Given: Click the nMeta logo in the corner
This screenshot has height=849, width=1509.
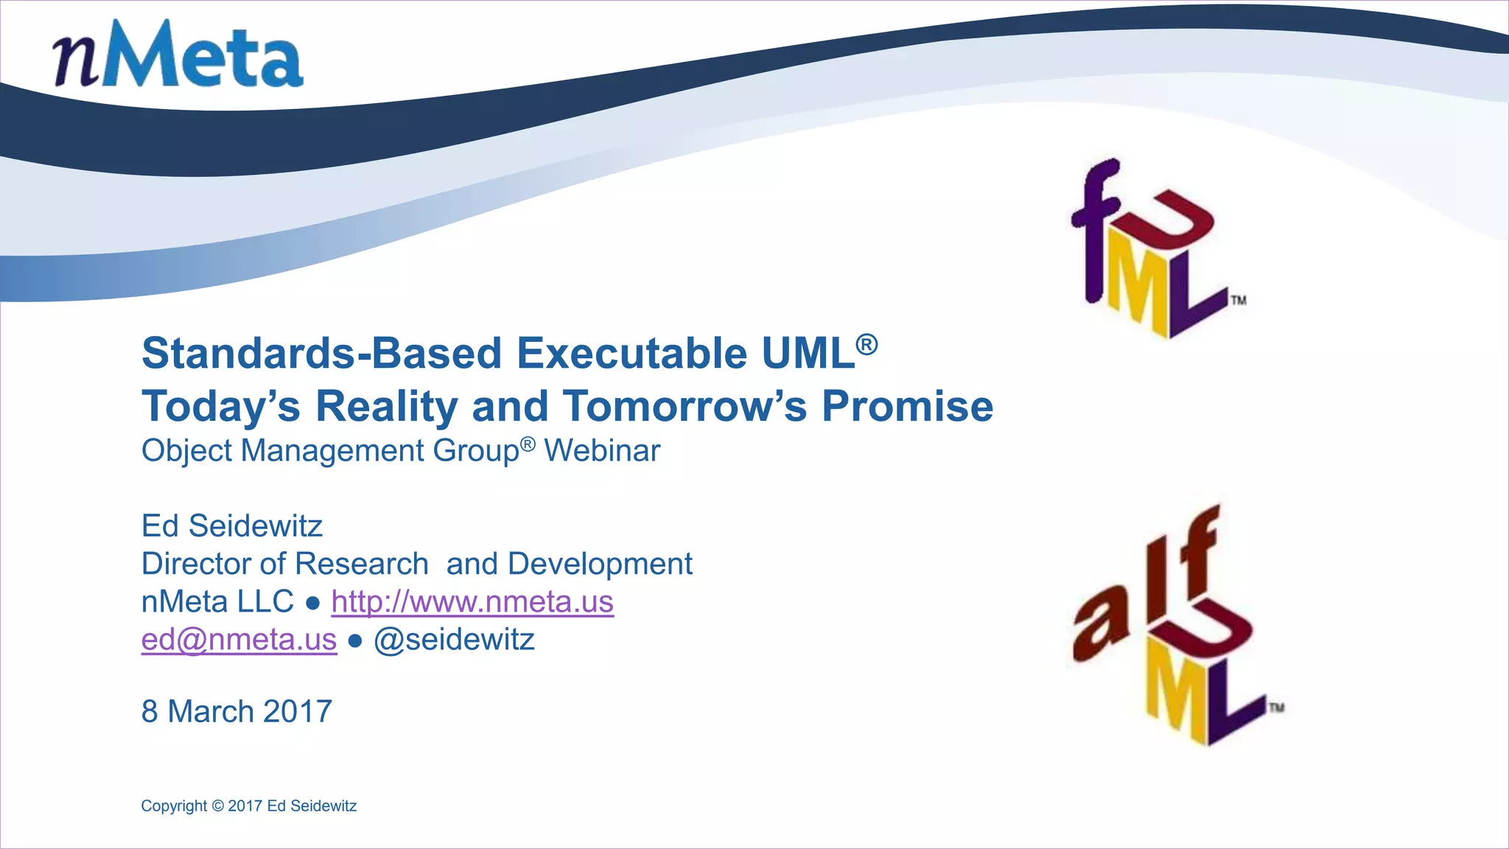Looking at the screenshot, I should coord(178,55).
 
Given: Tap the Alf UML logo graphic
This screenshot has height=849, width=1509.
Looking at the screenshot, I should coord(1175,626).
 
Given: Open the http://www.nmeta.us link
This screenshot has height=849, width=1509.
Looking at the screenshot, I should coord(472,601).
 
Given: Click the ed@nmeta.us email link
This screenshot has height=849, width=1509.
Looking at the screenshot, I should coord(239,639).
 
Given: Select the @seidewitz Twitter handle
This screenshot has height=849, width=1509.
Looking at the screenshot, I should coord(454,639).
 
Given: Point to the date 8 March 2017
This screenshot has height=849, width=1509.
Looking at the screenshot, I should coord(237,711).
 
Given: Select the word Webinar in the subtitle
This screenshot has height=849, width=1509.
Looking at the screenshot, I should coord(602,450).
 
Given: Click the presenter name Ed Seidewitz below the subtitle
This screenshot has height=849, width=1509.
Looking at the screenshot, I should coord(232,525).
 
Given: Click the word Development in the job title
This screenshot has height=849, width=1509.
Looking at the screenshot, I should coord(600,564).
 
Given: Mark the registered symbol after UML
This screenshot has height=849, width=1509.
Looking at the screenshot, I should coord(866,343).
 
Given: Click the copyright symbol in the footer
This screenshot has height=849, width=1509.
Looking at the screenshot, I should coord(217,806).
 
